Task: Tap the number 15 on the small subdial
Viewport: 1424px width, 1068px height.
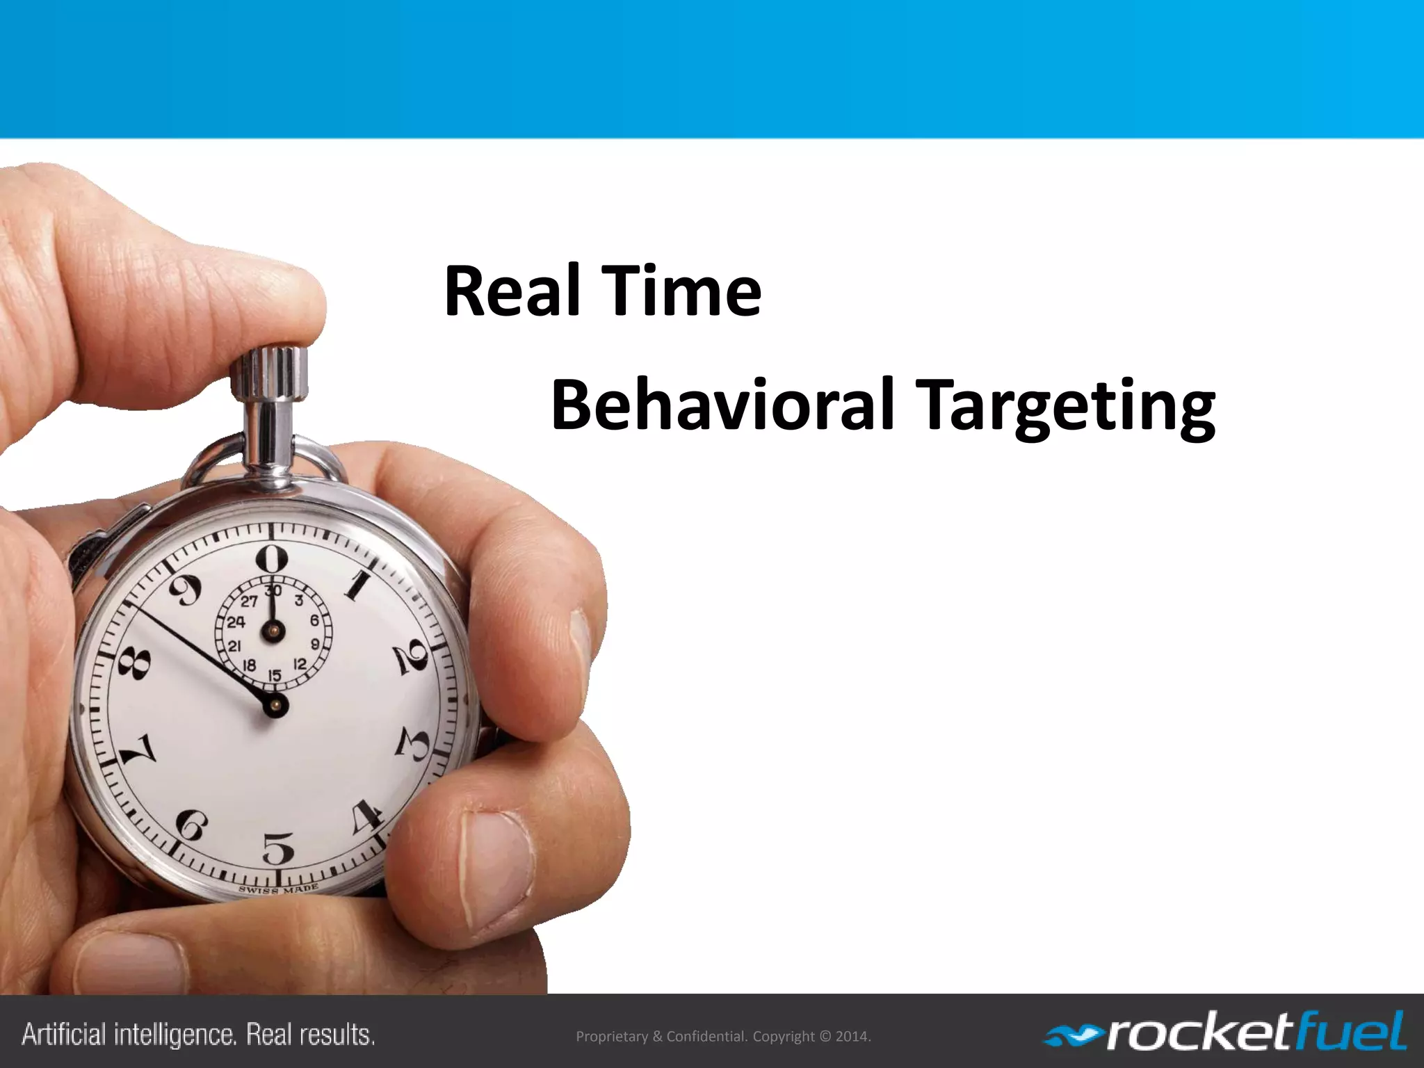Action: coord(275,675)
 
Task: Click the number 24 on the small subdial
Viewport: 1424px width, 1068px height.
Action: coord(236,622)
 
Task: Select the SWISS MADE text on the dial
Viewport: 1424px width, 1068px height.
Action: coord(279,889)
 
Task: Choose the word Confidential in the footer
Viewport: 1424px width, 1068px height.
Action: coord(706,1036)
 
